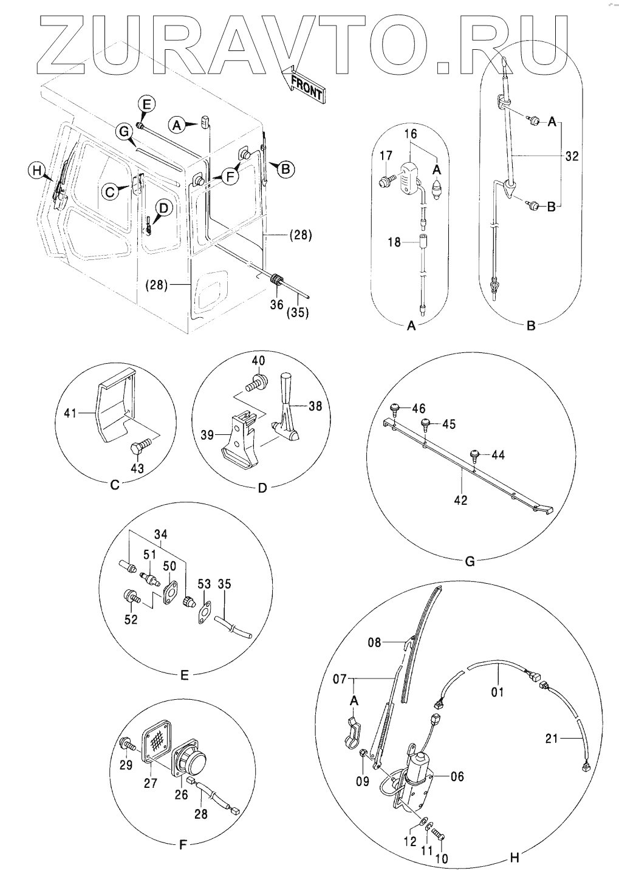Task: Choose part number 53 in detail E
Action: click(204, 584)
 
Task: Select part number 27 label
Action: click(150, 783)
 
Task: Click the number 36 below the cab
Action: click(277, 304)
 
